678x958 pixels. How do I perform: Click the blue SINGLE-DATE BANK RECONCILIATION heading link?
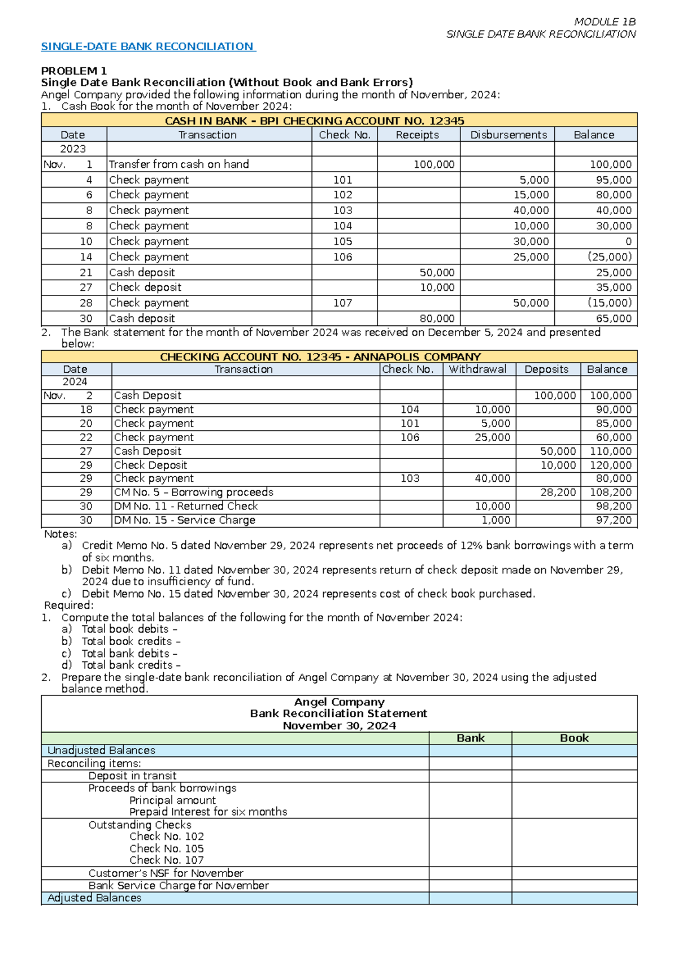click(148, 46)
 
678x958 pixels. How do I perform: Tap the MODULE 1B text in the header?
click(605, 22)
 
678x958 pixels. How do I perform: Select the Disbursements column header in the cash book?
click(508, 135)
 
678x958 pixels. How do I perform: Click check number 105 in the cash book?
click(342, 241)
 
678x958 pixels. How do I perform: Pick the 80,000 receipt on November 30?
click(437, 319)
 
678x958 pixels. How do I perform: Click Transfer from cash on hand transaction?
click(179, 164)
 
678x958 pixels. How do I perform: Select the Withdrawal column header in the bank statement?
click(477, 369)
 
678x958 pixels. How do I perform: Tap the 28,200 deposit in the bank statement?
click(558, 493)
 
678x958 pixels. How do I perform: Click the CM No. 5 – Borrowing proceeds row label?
click(193, 493)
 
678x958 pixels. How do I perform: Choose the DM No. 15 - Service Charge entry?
click(184, 520)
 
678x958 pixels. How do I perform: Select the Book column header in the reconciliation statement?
click(574, 738)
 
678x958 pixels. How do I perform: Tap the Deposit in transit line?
click(132, 776)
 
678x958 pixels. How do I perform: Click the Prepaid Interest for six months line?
click(208, 812)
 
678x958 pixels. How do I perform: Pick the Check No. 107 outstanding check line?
click(166, 860)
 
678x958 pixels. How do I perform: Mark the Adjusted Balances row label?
click(94, 898)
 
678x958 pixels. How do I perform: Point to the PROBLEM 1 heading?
click(73, 71)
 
